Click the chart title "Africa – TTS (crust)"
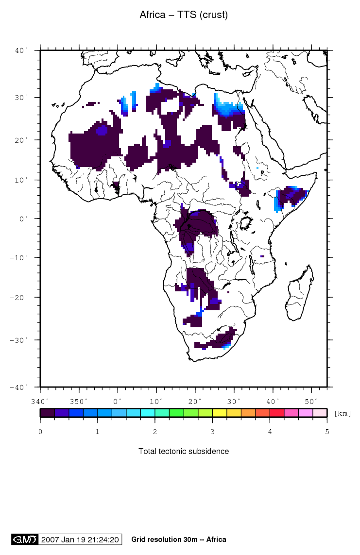[183, 15]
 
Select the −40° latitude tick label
[21, 387]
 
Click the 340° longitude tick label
[40, 401]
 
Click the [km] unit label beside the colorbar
[343, 413]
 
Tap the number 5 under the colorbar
[326, 431]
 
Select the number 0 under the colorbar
[40, 431]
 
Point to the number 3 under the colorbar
[212, 431]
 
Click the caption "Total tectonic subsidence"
[183, 451]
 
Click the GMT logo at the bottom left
[24, 539]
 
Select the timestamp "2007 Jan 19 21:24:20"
[80, 539]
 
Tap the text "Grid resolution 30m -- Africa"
[178, 539]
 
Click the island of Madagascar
[297, 296]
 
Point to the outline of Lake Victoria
[246, 224]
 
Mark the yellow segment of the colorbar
[219, 413]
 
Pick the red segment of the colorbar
[276, 413]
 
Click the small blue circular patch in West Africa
[102, 131]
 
